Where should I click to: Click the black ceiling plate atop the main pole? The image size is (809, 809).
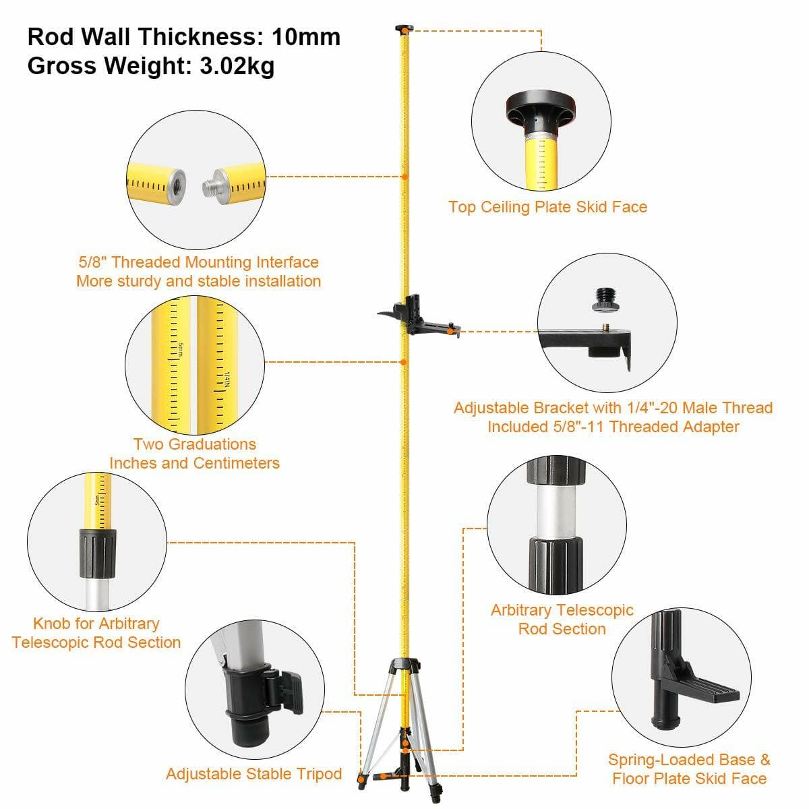(x=403, y=28)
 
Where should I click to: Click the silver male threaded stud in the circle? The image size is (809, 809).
(x=215, y=183)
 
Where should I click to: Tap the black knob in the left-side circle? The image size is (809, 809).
(x=97, y=553)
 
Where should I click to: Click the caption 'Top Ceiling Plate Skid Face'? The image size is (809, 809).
(x=547, y=207)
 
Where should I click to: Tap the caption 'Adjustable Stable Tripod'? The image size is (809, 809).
(x=254, y=774)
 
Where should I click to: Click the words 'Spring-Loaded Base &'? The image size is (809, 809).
(x=689, y=760)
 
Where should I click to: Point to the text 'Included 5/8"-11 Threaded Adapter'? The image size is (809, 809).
(x=613, y=427)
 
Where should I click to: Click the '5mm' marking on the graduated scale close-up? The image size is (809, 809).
(x=181, y=351)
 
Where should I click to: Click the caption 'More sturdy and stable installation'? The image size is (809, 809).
(x=198, y=281)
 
